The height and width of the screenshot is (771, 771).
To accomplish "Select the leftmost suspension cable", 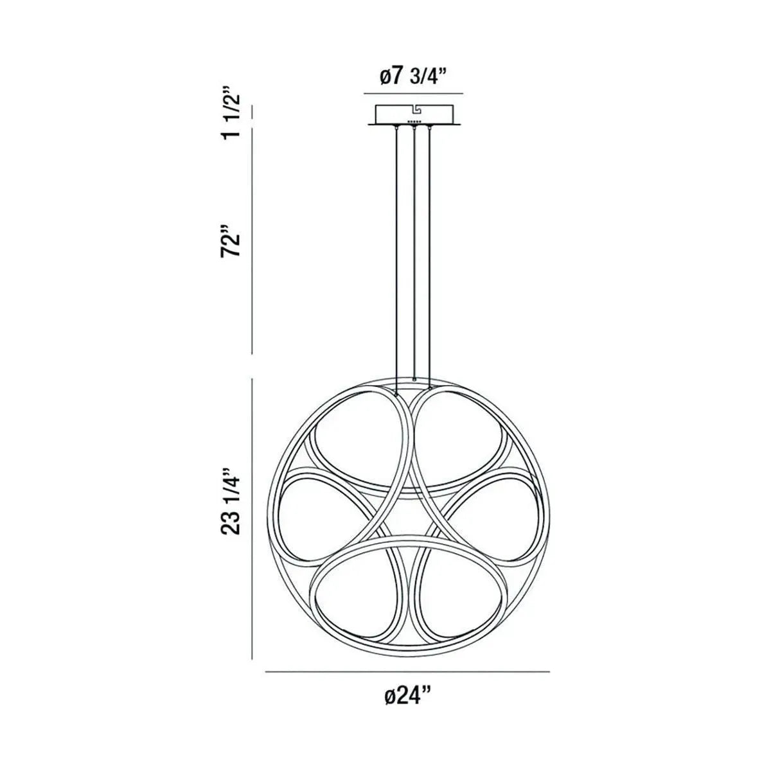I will pyautogui.click(x=398, y=257).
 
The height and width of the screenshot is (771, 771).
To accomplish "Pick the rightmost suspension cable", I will pyautogui.click(x=429, y=257).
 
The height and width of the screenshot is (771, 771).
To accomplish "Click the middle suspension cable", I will pyautogui.click(x=414, y=257).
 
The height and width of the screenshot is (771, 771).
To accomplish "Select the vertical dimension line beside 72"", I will pyautogui.click(x=252, y=241).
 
